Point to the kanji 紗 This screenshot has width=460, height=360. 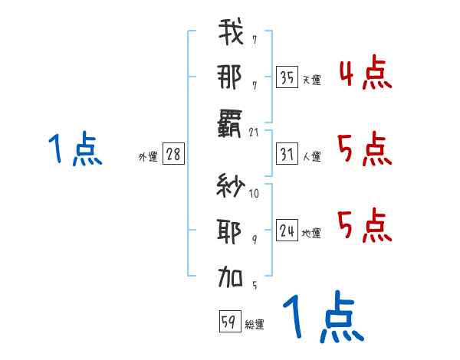click(x=230, y=185)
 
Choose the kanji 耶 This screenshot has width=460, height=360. click(x=230, y=230)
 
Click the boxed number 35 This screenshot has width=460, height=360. click(x=287, y=77)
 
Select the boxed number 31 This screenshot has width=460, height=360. click(x=287, y=154)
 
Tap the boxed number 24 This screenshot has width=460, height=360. click(x=287, y=231)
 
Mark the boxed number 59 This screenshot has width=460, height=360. click(x=229, y=321)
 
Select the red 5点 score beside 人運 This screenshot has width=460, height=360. click(x=365, y=149)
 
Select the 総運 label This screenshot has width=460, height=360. click(x=255, y=325)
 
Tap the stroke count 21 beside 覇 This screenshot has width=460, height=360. click(x=255, y=133)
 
